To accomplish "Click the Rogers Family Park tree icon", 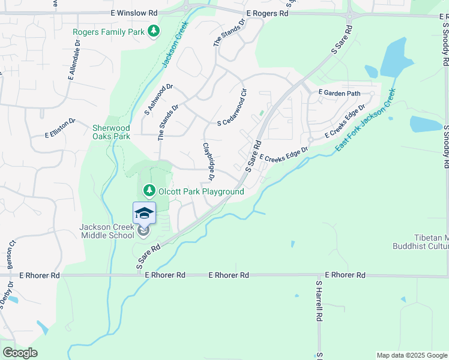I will pos(154,31).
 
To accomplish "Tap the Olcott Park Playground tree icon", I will pos(148,191).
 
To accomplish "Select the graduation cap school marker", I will pos(144,214).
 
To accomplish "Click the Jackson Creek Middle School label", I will pos(107,231).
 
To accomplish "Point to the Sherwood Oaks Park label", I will pos(111,132).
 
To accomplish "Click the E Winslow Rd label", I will pos(134,13).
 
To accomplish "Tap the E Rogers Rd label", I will pos(267,13).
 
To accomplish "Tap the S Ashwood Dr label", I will pos(158,100).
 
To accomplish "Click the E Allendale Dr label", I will pos(74,61).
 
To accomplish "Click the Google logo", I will pos(20,352).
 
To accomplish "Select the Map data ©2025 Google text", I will pos(412,355).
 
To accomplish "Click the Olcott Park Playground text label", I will pos(200,191).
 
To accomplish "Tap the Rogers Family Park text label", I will pos(109,32).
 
